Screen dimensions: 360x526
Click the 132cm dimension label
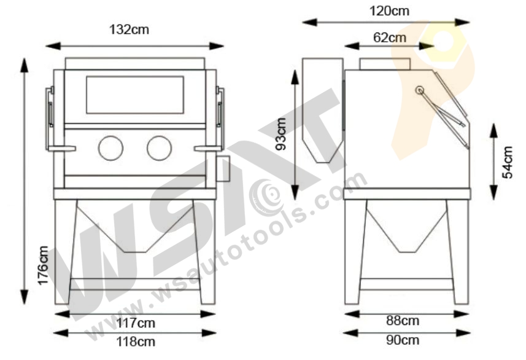[x=129, y=29]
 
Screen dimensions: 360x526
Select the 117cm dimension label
[x=135, y=323]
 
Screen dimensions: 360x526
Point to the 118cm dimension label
[x=135, y=342]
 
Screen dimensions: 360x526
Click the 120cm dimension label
[x=390, y=10]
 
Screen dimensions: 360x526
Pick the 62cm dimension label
[x=390, y=37]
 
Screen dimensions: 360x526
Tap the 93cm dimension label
[x=281, y=135]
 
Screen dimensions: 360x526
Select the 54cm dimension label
[x=508, y=162]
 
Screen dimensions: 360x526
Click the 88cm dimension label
[x=403, y=321]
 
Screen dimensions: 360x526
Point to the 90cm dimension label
[x=403, y=340]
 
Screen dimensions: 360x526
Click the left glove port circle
[x=110, y=147]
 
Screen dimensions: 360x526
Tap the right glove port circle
[x=159, y=147]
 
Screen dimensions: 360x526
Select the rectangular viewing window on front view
[x=134, y=95]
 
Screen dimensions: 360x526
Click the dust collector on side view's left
[x=323, y=111]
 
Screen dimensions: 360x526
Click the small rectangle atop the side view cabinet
[x=384, y=64]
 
